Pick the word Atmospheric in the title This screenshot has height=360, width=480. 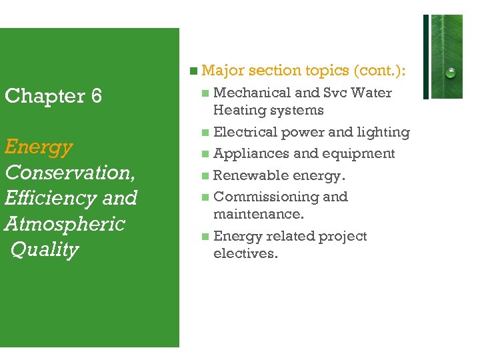click(65, 223)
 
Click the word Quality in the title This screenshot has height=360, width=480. click(45, 249)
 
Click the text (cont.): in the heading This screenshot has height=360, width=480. click(383, 70)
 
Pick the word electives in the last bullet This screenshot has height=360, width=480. click(244, 253)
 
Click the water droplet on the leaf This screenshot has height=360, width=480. click(451, 72)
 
